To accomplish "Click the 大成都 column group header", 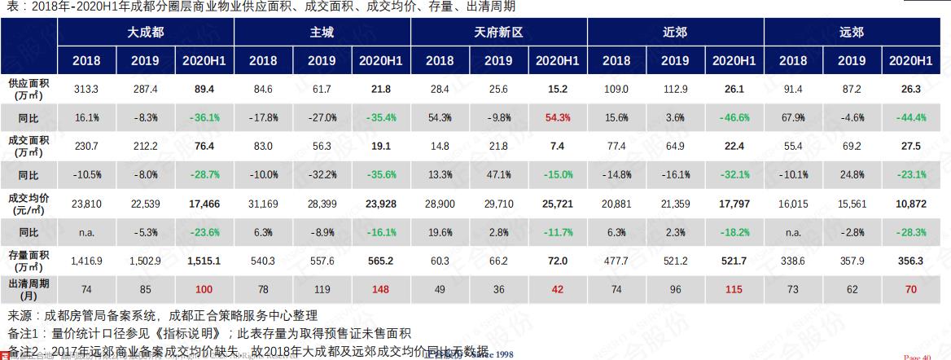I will [x=146, y=33].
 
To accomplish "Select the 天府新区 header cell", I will [x=498, y=33].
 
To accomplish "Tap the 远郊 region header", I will [x=852, y=33].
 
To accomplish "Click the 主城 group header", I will [x=322, y=33].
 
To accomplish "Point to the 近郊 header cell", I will [x=675, y=33].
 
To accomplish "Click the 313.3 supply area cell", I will [x=86, y=89].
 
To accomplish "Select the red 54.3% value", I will [x=557, y=117].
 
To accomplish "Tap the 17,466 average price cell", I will [x=204, y=203].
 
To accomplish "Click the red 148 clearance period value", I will [x=380, y=288].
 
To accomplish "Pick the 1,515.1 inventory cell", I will [x=204, y=261].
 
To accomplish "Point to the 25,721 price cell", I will [x=557, y=203].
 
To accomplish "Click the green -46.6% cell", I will [x=734, y=117].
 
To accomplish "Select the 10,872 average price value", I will [x=910, y=203].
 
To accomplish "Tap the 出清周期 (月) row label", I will [x=28, y=289].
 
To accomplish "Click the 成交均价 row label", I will [x=28, y=203].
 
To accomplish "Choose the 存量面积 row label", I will [x=28, y=261].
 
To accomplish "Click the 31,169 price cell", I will [x=263, y=203].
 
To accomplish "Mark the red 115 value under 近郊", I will [x=734, y=288].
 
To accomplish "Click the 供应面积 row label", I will [x=28, y=89].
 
